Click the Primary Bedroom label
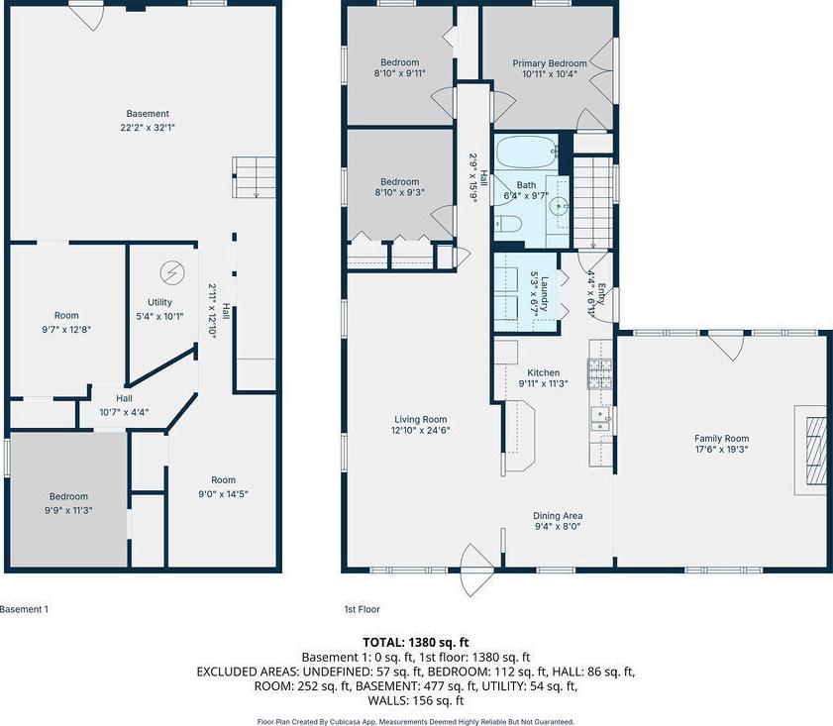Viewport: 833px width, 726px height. (x=550, y=63)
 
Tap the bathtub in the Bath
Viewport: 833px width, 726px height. (x=526, y=152)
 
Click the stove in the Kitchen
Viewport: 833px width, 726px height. (x=600, y=373)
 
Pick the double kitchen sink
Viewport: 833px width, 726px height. (x=601, y=419)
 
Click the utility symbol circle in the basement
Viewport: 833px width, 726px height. (x=172, y=273)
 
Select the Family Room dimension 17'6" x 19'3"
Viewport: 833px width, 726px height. (x=721, y=450)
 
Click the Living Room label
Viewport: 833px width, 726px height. (x=420, y=419)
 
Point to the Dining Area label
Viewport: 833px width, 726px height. (x=558, y=515)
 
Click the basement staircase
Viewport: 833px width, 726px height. (x=254, y=177)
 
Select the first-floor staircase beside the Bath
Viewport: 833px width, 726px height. (x=592, y=201)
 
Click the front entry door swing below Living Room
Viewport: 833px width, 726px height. (x=477, y=570)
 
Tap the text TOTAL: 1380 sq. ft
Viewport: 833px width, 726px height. (x=415, y=642)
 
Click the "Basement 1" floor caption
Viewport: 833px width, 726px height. (x=24, y=609)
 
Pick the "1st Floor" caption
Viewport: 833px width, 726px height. (x=362, y=609)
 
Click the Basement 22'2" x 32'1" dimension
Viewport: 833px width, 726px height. (x=148, y=128)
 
